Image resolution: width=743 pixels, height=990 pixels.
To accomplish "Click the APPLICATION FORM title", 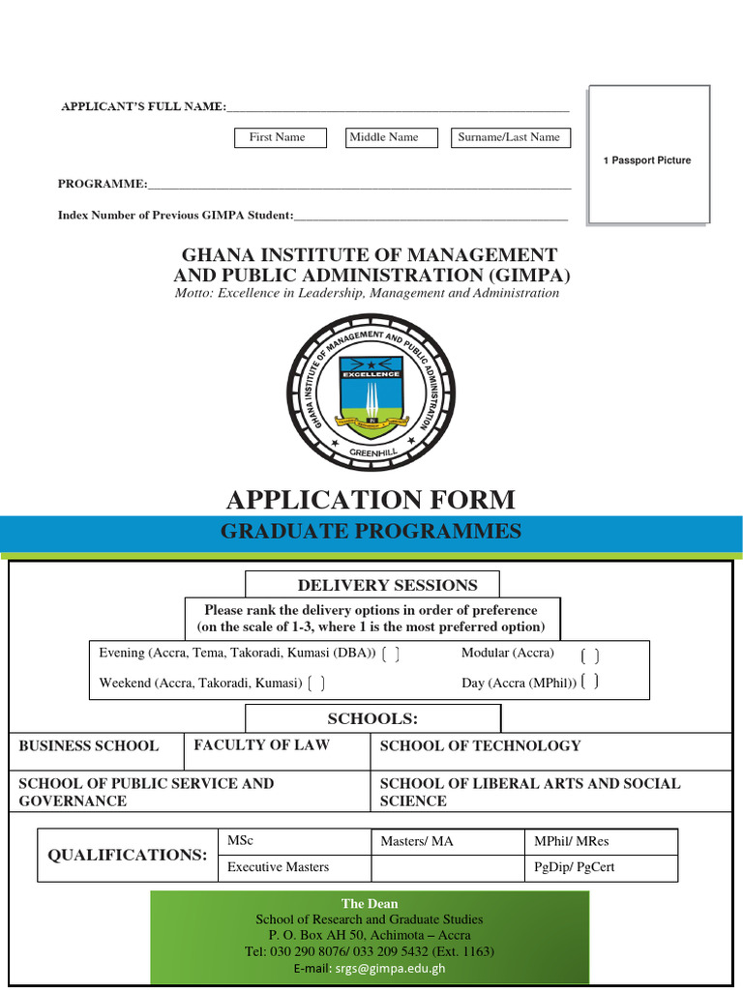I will pyautogui.click(x=371, y=500).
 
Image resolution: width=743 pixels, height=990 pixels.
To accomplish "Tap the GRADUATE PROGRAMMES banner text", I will pyautogui.click(x=371, y=531).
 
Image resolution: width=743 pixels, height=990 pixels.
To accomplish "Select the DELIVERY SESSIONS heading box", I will pyautogui.click(x=372, y=585).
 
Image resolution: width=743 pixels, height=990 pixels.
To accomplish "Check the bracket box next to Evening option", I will pyautogui.click(x=391, y=655).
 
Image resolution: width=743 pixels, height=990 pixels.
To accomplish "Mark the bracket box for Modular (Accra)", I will pyautogui.click(x=590, y=655).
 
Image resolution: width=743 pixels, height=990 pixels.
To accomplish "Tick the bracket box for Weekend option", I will pyautogui.click(x=315, y=684).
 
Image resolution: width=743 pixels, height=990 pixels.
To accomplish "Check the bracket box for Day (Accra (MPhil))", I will pyautogui.click(x=590, y=683).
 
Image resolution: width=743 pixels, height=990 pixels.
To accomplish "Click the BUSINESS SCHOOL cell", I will pyautogui.click(x=96, y=746).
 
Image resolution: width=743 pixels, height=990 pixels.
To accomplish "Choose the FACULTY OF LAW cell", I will pyautogui.click(x=277, y=745).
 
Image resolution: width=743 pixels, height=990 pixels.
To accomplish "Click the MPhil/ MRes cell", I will pyautogui.click(x=601, y=842).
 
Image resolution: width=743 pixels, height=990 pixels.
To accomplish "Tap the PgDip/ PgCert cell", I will pyautogui.click(x=601, y=867).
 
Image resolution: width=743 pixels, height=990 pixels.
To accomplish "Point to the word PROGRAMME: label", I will pyautogui.click(x=103, y=183).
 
